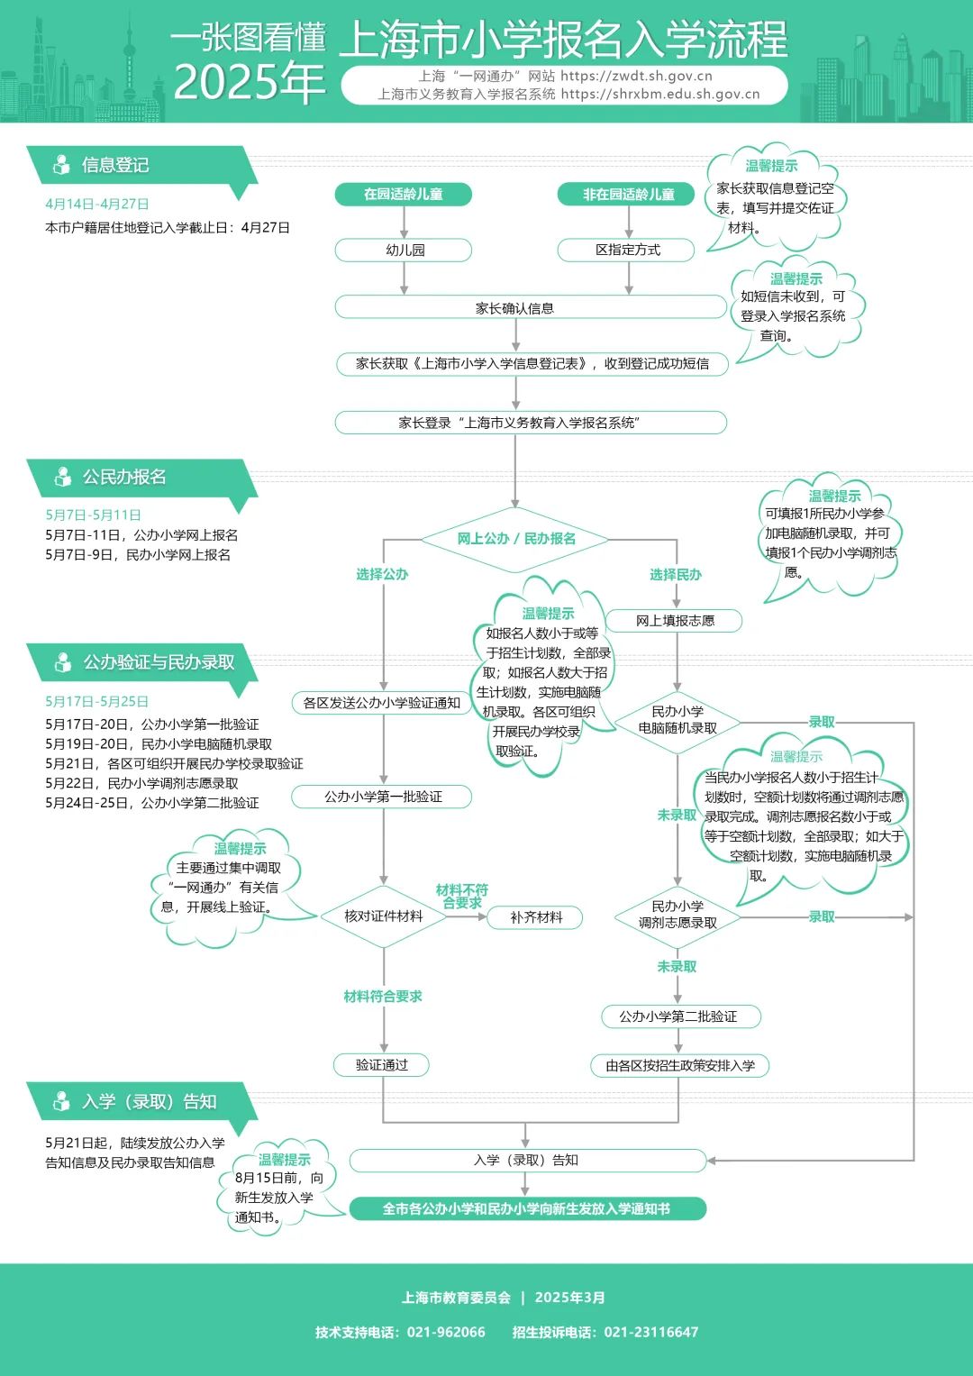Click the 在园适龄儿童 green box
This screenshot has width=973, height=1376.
(403, 194)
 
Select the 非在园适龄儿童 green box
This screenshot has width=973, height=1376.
(627, 194)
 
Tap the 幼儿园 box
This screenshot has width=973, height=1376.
(404, 250)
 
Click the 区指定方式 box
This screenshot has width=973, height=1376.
(627, 250)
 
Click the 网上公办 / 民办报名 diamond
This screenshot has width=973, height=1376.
(515, 539)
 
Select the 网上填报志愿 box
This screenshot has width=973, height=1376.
(675, 620)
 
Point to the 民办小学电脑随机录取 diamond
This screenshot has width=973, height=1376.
(677, 720)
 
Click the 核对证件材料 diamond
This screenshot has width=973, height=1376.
(383, 916)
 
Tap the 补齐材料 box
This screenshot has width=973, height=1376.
(535, 917)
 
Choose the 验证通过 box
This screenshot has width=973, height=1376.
(381, 1064)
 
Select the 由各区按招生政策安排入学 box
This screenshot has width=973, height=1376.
(680, 1065)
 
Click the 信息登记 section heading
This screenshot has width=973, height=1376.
(115, 165)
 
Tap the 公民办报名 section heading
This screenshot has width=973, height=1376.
(124, 477)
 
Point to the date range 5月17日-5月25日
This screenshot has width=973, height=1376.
(97, 701)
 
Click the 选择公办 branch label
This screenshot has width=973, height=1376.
(382, 574)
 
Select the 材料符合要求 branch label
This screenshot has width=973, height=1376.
(383, 996)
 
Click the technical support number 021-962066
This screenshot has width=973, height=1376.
(446, 1332)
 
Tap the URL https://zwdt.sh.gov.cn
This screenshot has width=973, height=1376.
(636, 77)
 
